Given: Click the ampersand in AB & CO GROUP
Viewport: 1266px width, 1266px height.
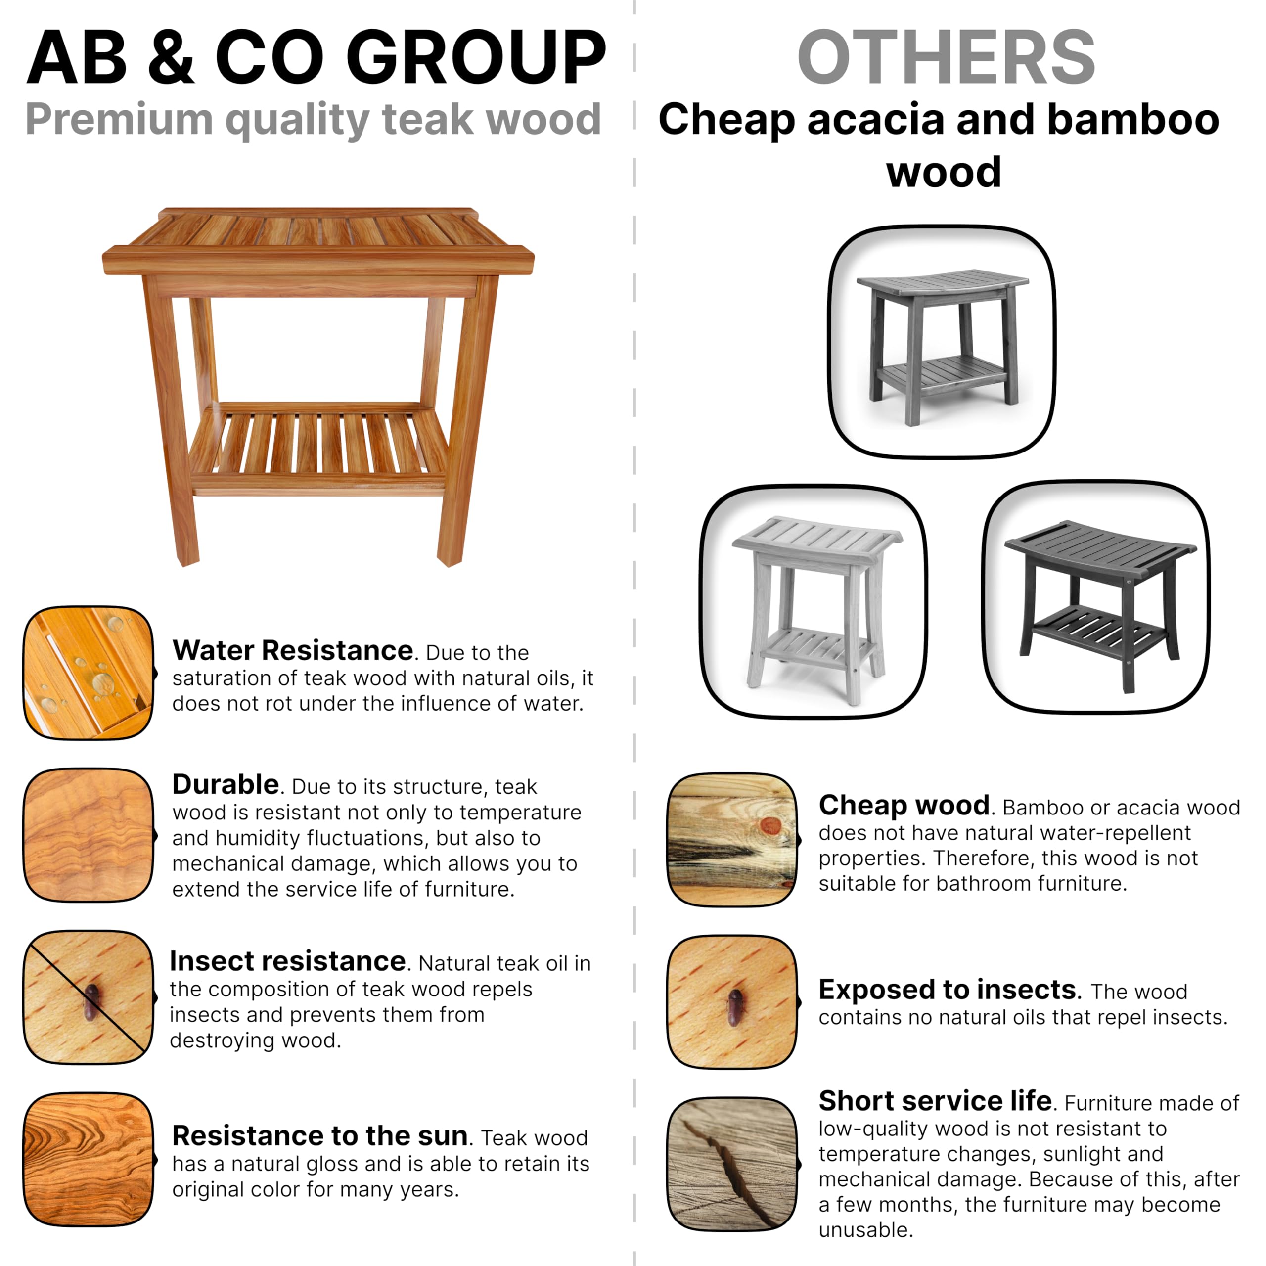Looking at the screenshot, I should click(171, 59).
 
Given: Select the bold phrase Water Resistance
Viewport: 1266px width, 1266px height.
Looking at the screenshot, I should click(292, 651).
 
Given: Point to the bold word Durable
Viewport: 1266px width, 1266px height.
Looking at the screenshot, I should click(226, 784).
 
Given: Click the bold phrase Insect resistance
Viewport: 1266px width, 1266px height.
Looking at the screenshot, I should click(288, 961).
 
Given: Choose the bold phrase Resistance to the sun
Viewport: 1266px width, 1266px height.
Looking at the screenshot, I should click(320, 1135).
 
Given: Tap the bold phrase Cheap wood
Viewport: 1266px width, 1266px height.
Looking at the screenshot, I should click(904, 805).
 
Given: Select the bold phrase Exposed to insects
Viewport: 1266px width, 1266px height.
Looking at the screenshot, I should click(948, 990).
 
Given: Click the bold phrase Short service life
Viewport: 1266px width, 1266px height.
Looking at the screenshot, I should click(935, 1101).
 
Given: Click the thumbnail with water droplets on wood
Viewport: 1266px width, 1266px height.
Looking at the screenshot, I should click(89, 673).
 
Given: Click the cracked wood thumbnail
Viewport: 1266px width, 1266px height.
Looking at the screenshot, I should click(732, 1165).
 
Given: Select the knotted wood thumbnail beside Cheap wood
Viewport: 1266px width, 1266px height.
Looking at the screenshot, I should click(732, 840).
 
